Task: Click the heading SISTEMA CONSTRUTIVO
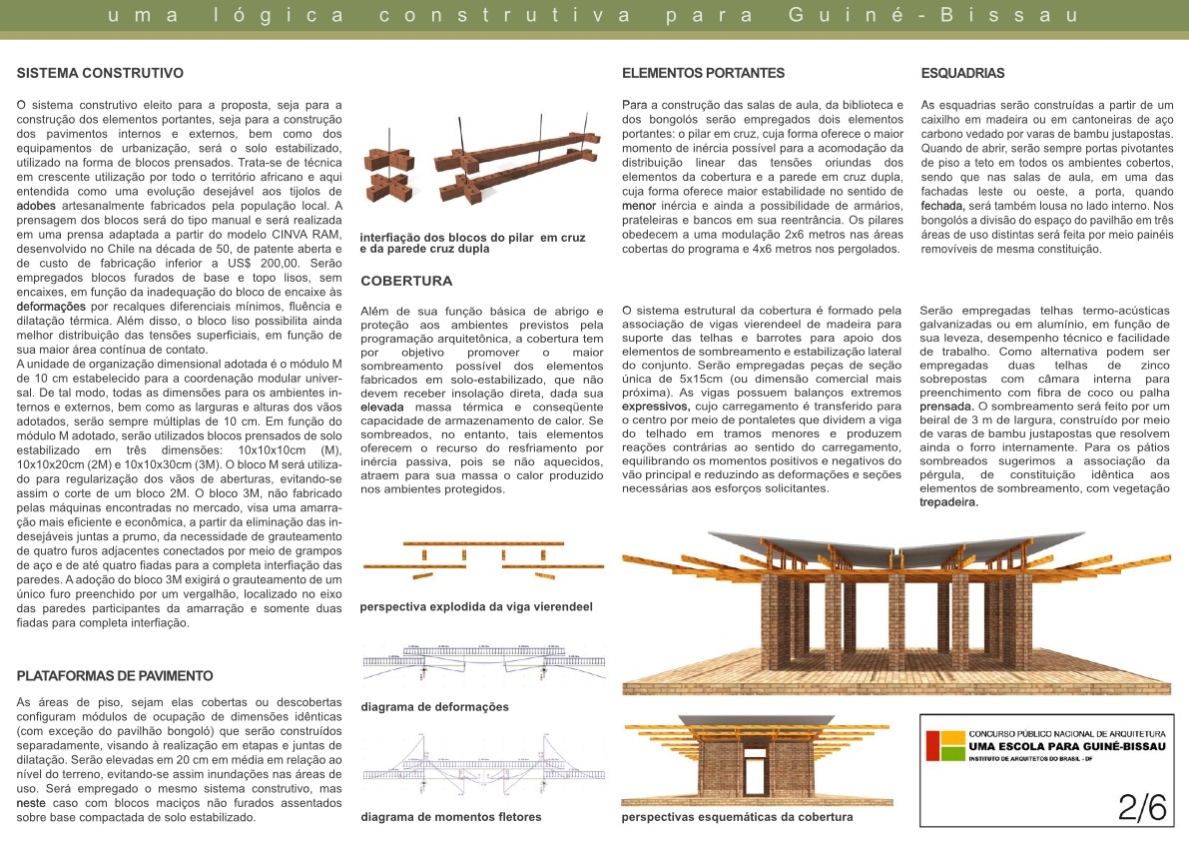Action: pos(100,73)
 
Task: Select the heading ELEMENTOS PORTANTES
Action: pos(703,73)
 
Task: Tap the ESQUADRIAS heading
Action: pos(961,73)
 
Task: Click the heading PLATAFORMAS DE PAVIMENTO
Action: pos(115,676)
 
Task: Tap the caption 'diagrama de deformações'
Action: pos(434,707)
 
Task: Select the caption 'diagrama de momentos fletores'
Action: pos(451,817)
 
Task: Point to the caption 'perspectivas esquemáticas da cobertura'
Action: pos(737,817)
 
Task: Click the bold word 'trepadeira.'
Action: pos(948,503)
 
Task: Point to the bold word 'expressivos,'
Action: pos(656,408)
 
